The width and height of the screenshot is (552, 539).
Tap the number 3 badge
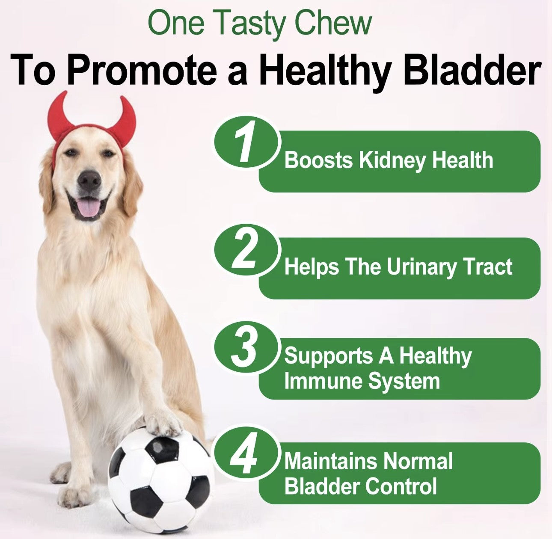(x=244, y=349)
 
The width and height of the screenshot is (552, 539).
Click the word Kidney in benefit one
(x=393, y=161)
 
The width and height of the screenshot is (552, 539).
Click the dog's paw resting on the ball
(x=163, y=423)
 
